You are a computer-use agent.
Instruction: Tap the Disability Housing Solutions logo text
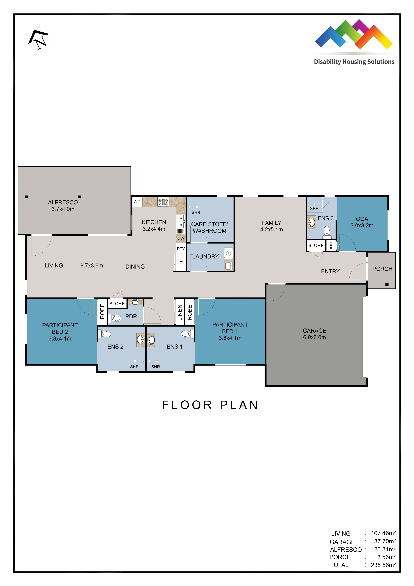pyautogui.click(x=354, y=62)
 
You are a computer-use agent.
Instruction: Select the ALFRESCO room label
pyautogui.click(x=63, y=202)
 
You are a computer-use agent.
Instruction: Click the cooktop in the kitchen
pyautogui.click(x=163, y=202)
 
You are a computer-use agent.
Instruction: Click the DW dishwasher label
pyautogui.click(x=181, y=238)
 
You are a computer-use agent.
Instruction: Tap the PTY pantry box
pyautogui.click(x=181, y=249)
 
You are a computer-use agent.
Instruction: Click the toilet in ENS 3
pyautogui.click(x=327, y=232)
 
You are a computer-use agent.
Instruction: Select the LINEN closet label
pyautogui.click(x=180, y=312)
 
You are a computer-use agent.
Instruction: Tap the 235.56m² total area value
pyautogui.click(x=383, y=565)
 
